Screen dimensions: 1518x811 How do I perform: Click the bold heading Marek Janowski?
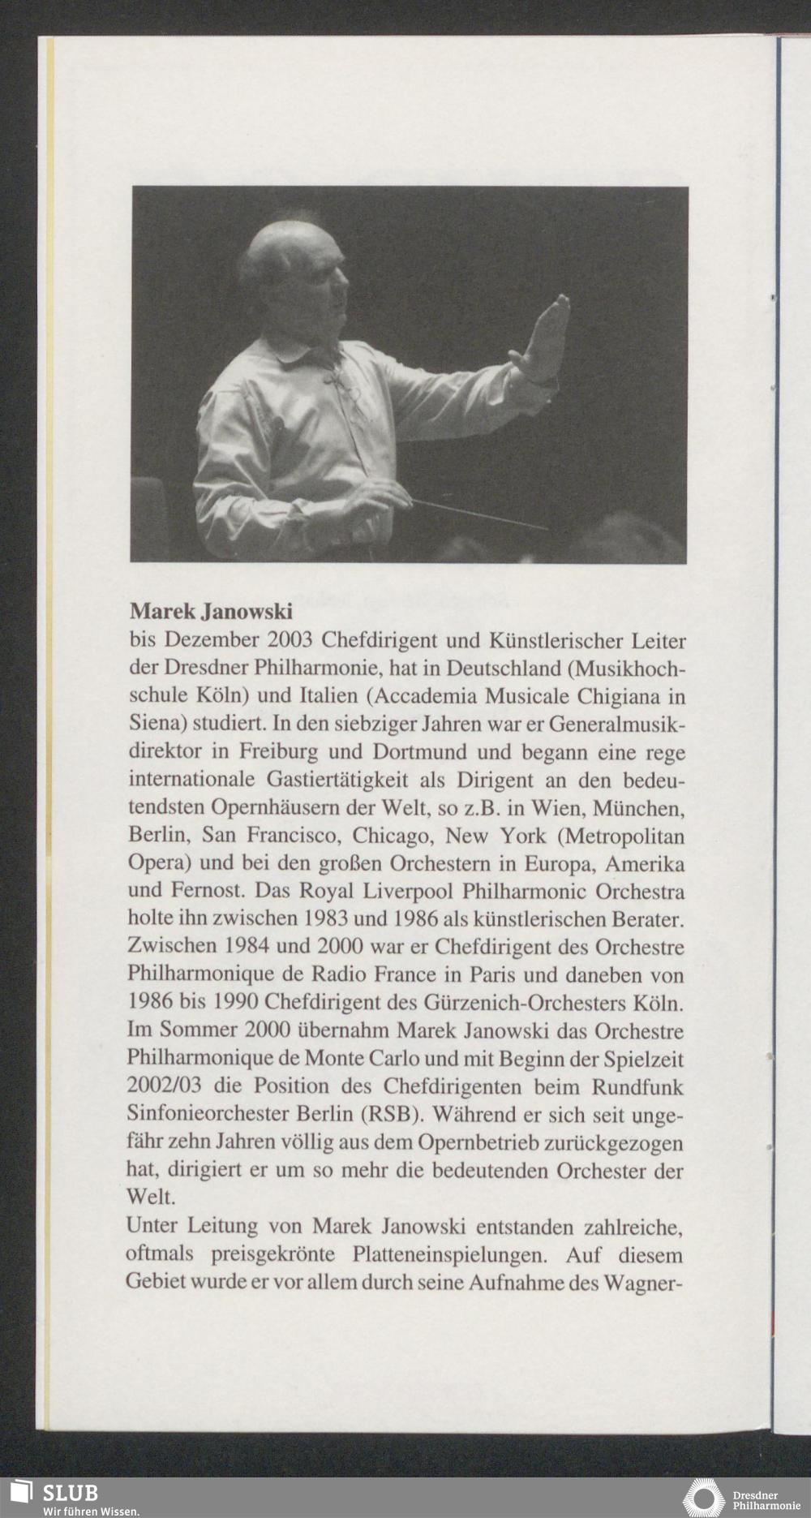click(x=211, y=609)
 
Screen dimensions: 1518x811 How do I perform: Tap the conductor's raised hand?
click(x=545, y=341)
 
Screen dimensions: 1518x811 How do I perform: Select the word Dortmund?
click(x=414, y=751)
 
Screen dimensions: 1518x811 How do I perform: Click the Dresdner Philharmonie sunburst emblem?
click(x=703, y=1498)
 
